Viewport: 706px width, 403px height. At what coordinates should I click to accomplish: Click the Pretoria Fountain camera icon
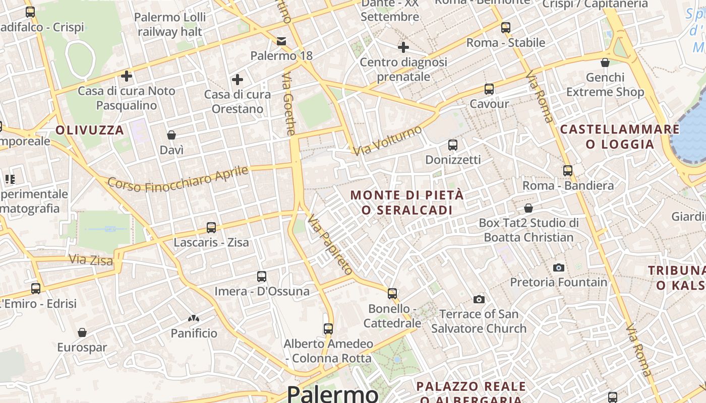click(x=558, y=267)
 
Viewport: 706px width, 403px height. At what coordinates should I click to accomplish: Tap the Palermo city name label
click(x=332, y=393)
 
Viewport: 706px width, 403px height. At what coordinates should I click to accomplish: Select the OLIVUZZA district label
click(x=90, y=130)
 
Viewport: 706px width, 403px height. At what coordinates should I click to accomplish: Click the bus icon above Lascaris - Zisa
click(x=211, y=228)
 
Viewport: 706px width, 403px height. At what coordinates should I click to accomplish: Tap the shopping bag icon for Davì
click(x=171, y=135)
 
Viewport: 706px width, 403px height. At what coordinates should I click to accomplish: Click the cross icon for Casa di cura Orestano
click(x=237, y=80)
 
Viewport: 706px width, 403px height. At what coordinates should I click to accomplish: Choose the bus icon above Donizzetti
click(x=453, y=145)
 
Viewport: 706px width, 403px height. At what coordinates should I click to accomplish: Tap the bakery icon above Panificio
click(x=193, y=318)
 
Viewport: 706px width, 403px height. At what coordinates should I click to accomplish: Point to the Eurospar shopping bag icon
click(x=82, y=332)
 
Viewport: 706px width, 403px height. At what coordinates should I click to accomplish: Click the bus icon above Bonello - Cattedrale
click(x=392, y=293)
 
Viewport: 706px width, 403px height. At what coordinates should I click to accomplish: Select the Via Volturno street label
click(x=387, y=141)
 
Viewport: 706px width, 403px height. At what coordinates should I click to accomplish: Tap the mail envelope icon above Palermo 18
click(x=281, y=41)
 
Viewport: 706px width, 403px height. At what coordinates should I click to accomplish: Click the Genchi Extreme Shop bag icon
click(x=605, y=62)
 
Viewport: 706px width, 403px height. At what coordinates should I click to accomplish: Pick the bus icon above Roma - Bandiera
click(x=568, y=171)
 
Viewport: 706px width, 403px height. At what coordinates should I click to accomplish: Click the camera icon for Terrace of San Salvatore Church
click(x=479, y=300)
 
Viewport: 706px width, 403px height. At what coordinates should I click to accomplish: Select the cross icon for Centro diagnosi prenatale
click(x=403, y=47)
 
